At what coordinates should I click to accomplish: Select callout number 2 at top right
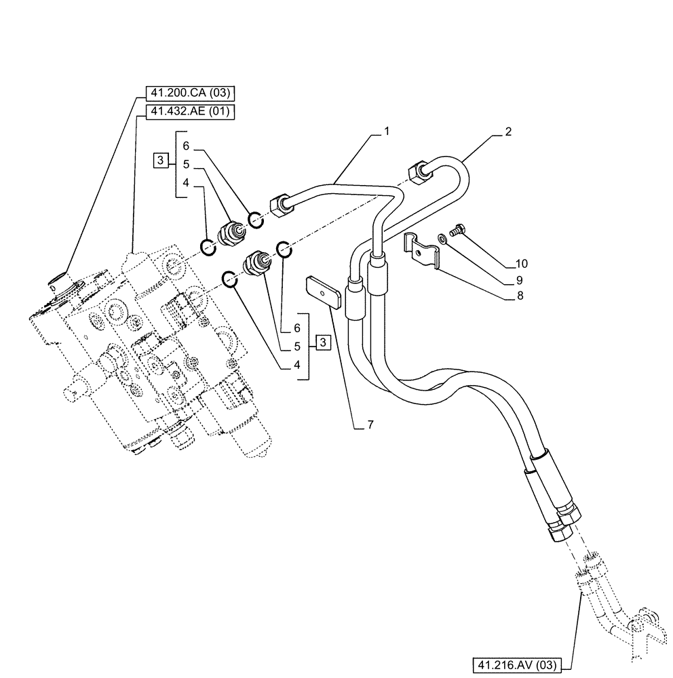[507, 132]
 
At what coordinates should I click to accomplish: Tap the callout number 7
[370, 425]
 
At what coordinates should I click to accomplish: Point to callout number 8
[520, 296]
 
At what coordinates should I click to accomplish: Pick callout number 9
[520, 279]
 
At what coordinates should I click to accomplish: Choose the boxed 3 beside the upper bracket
[160, 161]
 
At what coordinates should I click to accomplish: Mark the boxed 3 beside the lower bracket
[323, 343]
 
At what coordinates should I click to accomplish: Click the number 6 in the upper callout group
[185, 144]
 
